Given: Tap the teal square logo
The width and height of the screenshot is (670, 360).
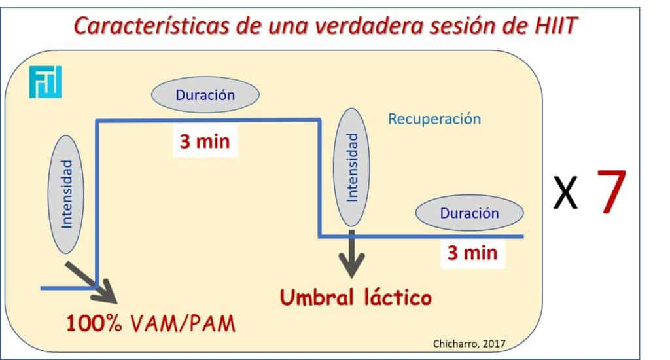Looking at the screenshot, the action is click(x=45, y=82).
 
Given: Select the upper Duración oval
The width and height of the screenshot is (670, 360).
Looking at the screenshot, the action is click(x=205, y=94).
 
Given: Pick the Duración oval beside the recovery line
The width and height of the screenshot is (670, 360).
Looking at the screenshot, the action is click(x=469, y=213).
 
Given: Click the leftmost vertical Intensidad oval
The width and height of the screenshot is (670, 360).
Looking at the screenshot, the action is click(x=66, y=194).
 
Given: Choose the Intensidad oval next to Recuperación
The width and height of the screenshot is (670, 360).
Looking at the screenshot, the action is click(x=351, y=167).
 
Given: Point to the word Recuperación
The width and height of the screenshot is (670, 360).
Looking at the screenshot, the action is click(x=434, y=119).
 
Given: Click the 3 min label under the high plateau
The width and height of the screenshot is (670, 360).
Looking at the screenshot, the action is click(x=205, y=141).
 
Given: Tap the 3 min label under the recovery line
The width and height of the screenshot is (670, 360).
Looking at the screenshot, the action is click(x=472, y=253).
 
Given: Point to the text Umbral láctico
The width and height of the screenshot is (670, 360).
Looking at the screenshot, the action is click(x=355, y=297).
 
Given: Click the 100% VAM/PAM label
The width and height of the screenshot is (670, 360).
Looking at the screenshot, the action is click(x=151, y=323).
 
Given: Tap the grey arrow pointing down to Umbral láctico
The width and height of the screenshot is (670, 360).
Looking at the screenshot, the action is click(x=351, y=254).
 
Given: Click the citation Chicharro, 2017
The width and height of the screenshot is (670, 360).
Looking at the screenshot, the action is click(x=469, y=344).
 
